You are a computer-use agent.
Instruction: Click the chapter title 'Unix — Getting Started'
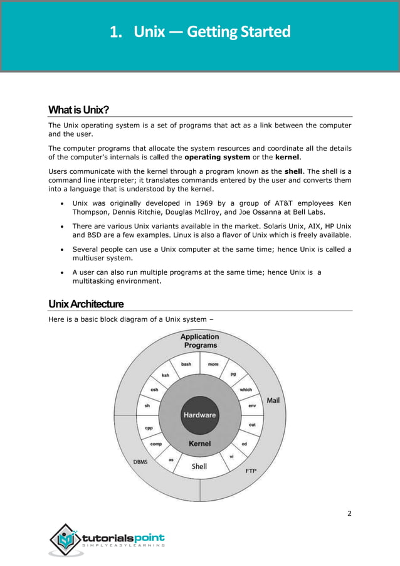[200, 31]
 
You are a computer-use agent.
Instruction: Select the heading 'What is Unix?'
[79, 110]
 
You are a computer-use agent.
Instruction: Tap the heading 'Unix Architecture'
[86, 304]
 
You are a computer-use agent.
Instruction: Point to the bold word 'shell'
[293, 170]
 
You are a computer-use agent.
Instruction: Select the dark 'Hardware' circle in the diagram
[199, 415]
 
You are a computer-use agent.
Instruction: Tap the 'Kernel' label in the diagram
[199, 444]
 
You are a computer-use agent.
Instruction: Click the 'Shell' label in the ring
[199, 466]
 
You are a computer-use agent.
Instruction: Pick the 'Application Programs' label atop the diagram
[200, 341]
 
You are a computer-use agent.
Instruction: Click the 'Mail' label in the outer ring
[273, 400]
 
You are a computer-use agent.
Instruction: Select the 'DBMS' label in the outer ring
[140, 462]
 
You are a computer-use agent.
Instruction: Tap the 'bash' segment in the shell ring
[186, 364]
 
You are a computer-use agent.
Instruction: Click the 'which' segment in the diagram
[246, 390]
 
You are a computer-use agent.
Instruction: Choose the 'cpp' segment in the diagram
[149, 428]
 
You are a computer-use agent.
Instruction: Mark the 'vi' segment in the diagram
[231, 456]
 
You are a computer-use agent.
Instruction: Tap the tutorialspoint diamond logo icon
[64, 539]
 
